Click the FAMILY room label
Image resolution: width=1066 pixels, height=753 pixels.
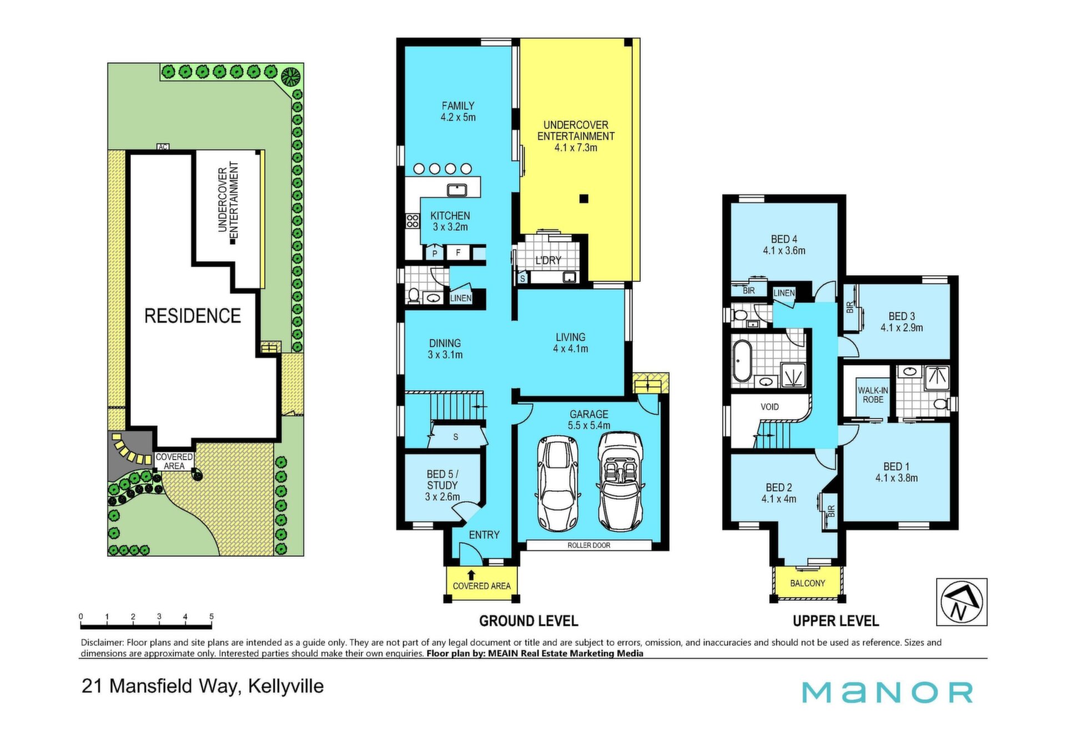tap(458, 105)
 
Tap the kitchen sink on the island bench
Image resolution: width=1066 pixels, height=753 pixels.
tap(456, 190)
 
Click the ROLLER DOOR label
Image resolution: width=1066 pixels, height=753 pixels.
tap(589, 545)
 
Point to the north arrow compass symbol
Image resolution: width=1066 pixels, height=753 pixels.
tap(962, 602)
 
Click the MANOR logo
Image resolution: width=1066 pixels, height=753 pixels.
tap(887, 692)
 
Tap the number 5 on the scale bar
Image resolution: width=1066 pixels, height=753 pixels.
tap(212, 616)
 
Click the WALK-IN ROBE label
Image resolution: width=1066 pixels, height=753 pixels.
tap(873, 395)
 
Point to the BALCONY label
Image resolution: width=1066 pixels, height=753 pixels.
tap(807, 583)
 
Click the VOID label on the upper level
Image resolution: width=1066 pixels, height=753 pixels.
tap(770, 407)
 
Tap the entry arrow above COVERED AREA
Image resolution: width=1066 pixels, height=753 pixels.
tap(471, 575)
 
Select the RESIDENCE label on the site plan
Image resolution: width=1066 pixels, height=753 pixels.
tap(193, 316)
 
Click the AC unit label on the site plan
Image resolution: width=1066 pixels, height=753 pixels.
tap(163, 147)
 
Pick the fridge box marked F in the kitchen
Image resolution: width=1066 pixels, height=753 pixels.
tap(458, 253)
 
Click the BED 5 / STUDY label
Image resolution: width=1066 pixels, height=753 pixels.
tap(442, 485)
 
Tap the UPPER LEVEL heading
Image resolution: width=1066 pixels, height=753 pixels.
tap(836, 621)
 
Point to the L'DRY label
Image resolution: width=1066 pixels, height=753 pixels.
tap(548, 260)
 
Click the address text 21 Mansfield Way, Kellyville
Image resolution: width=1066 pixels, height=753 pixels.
tap(203, 686)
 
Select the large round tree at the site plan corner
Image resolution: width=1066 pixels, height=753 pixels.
tap(291, 77)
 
